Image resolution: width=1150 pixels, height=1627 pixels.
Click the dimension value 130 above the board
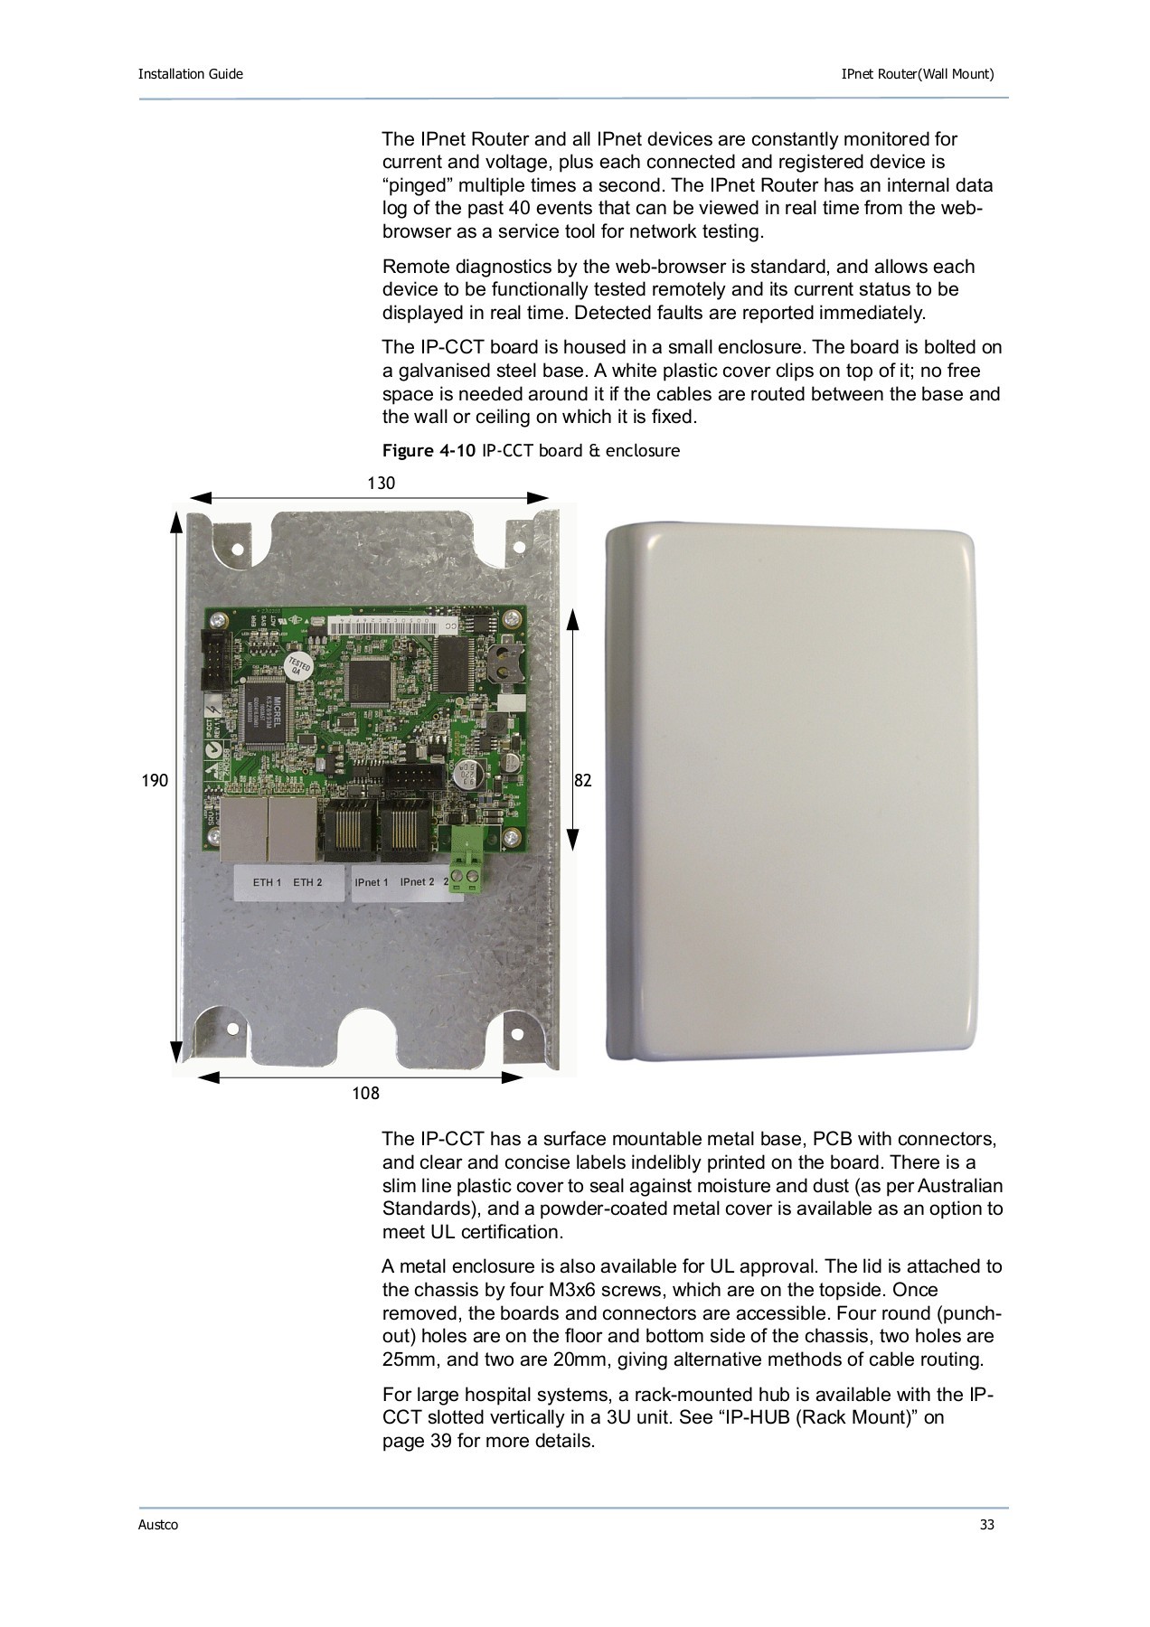(381, 484)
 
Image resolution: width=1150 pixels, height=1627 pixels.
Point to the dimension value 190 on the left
(155, 780)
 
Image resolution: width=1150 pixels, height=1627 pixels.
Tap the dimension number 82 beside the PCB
(583, 780)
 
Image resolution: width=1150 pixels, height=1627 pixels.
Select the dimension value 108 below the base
(365, 1094)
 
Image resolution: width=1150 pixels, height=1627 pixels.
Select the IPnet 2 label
(417, 881)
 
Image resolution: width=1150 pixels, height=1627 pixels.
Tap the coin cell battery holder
(501, 663)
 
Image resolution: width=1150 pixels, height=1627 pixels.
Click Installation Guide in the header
(190, 74)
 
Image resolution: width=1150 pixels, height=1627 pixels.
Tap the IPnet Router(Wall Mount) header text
(917, 74)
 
